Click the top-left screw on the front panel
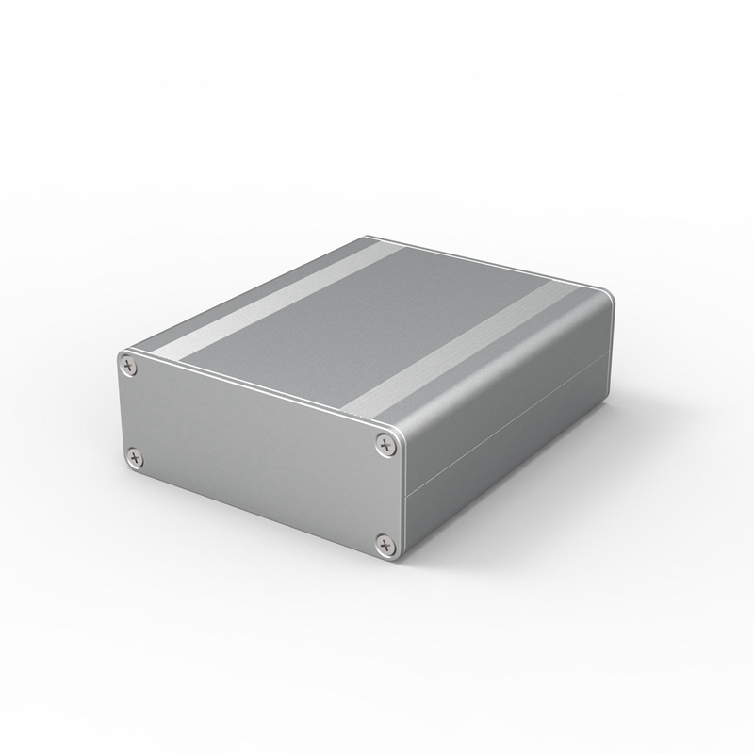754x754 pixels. pyautogui.click(x=129, y=361)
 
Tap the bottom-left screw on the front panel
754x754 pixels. pyautogui.click(x=135, y=459)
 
